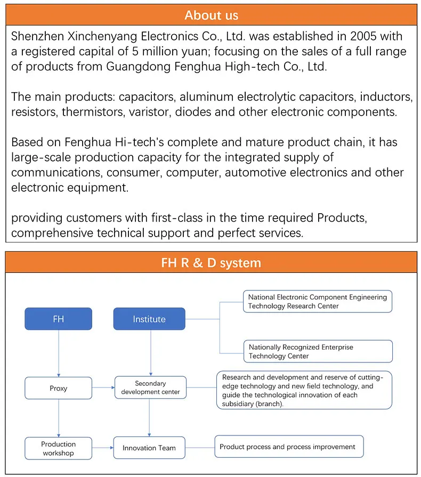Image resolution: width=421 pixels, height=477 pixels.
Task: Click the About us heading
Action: pos(211,15)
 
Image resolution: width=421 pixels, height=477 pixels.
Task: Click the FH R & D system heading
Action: pos(211,263)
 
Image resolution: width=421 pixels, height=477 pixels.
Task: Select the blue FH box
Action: pos(58,319)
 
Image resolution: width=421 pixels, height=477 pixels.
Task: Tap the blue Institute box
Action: pos(149,319)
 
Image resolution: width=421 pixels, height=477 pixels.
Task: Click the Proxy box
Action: pos(58,388)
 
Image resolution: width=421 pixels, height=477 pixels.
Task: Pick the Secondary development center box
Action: pos(150,387)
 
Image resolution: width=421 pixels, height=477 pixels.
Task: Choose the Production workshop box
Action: pos(58,448)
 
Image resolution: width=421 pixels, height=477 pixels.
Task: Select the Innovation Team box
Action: pos(149,448)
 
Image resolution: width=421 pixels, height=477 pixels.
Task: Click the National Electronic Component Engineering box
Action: pos(318,301)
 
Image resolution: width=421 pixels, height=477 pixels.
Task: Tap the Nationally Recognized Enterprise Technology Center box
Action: pos(318,351)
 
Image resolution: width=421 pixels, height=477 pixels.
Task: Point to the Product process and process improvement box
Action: pos(289,447)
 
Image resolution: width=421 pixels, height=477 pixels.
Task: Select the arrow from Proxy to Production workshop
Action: pos(58,418)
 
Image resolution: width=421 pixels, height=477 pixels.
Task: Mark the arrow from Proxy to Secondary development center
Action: pos(103,388)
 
